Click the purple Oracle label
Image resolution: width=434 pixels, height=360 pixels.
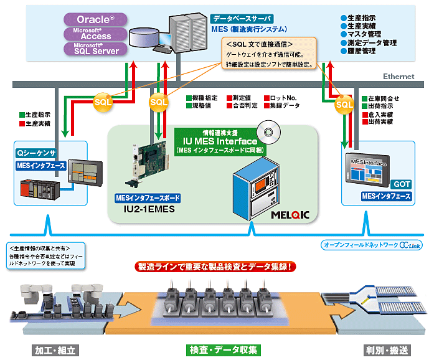(x=95, y=19)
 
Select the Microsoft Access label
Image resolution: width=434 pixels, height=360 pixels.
(x=95, y=34)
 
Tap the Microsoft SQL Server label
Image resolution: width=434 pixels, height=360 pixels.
(x=95, y=49)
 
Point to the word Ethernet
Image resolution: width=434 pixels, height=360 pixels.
(x=399, y=77)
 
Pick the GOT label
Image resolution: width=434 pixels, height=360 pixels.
(x=400, y=184)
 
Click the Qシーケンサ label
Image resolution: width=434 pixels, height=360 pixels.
(x=36, y=151)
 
